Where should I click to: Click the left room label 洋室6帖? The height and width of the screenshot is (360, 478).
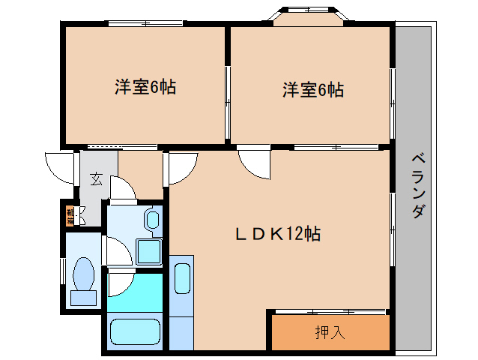click(145, 87)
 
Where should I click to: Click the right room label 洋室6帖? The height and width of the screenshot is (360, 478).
click(313, 90)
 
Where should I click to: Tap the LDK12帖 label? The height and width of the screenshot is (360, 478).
click(278, 234)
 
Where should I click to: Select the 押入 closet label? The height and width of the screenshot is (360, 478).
click(330, 331)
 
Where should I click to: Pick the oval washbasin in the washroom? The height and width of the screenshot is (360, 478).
click(152, 220)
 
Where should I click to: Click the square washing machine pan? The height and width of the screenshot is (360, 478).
click(150, 252)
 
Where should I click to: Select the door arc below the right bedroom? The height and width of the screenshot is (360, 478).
click(254, 163)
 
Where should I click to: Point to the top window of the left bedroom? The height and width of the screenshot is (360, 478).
click(145, 22)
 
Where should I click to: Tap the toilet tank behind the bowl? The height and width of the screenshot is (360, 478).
click(82, 297)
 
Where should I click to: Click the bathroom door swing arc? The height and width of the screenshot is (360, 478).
click(120, 283)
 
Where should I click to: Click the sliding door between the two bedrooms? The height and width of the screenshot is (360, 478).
click(228, 92)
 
